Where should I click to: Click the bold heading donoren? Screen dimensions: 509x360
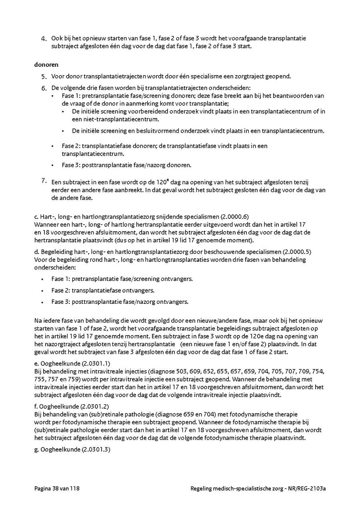tap(46, 64)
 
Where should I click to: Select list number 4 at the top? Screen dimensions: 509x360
tap(44, 39)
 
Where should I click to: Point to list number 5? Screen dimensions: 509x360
tap(44, 76)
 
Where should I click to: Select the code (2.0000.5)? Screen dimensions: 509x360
tap(297, 252)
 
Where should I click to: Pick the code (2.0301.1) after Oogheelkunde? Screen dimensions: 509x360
tap(96, 363)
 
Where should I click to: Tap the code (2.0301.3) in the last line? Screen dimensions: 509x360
tap(96, 449)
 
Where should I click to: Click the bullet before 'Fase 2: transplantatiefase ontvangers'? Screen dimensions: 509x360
tap(42, 291)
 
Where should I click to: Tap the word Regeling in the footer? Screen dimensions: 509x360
tap(202, 488)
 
